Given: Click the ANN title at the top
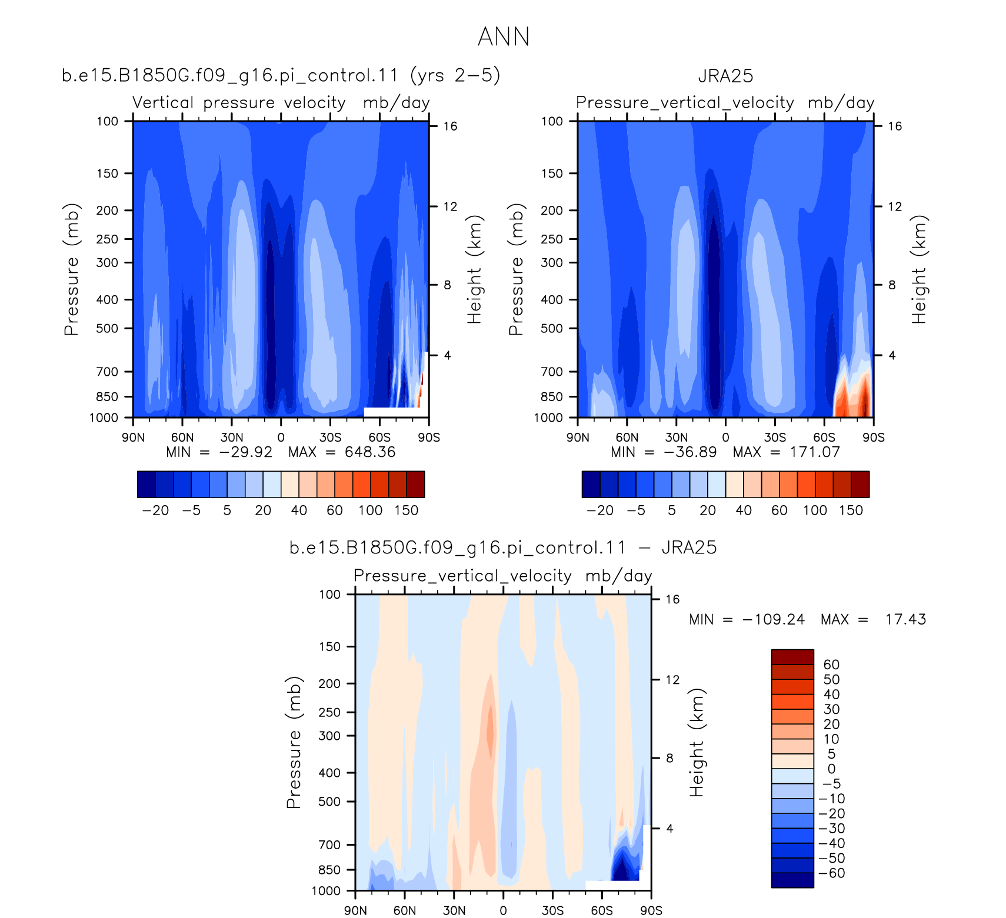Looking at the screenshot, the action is (x=504, y=36).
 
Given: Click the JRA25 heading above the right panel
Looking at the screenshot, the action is (x=725, y=76).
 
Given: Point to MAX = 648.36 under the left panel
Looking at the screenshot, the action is (x=342, y=452).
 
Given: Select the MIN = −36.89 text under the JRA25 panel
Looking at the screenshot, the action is (x=664, y=452).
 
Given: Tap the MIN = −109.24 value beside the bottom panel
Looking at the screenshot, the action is (x=747, y=619).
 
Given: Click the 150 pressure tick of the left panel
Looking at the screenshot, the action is (x=107, y=173).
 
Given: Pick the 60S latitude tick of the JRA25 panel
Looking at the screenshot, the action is (x=824, y=438).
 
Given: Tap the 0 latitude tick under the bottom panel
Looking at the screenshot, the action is (x=503, y=911).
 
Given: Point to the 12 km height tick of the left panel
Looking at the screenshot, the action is (x=450, y=206).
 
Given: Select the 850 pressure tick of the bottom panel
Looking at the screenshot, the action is (x=329, y=870).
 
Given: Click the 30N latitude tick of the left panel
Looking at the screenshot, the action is (x=232, y=438).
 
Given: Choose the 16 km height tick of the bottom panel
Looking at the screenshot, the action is (x=672, y=599).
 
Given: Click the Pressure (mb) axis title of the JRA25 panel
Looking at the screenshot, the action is (x=516, y=269).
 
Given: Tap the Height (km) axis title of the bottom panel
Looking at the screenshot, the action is (x=697, y=743).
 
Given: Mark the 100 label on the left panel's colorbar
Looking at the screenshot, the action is (x=371, y=510).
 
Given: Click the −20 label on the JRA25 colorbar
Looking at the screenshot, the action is (x=600, y=510).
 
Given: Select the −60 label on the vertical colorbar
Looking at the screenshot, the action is (x=832, y=873).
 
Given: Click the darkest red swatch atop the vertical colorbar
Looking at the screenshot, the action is (x=792, y=657).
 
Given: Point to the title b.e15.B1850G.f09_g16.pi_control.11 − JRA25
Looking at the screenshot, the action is (x=503, y=548).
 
